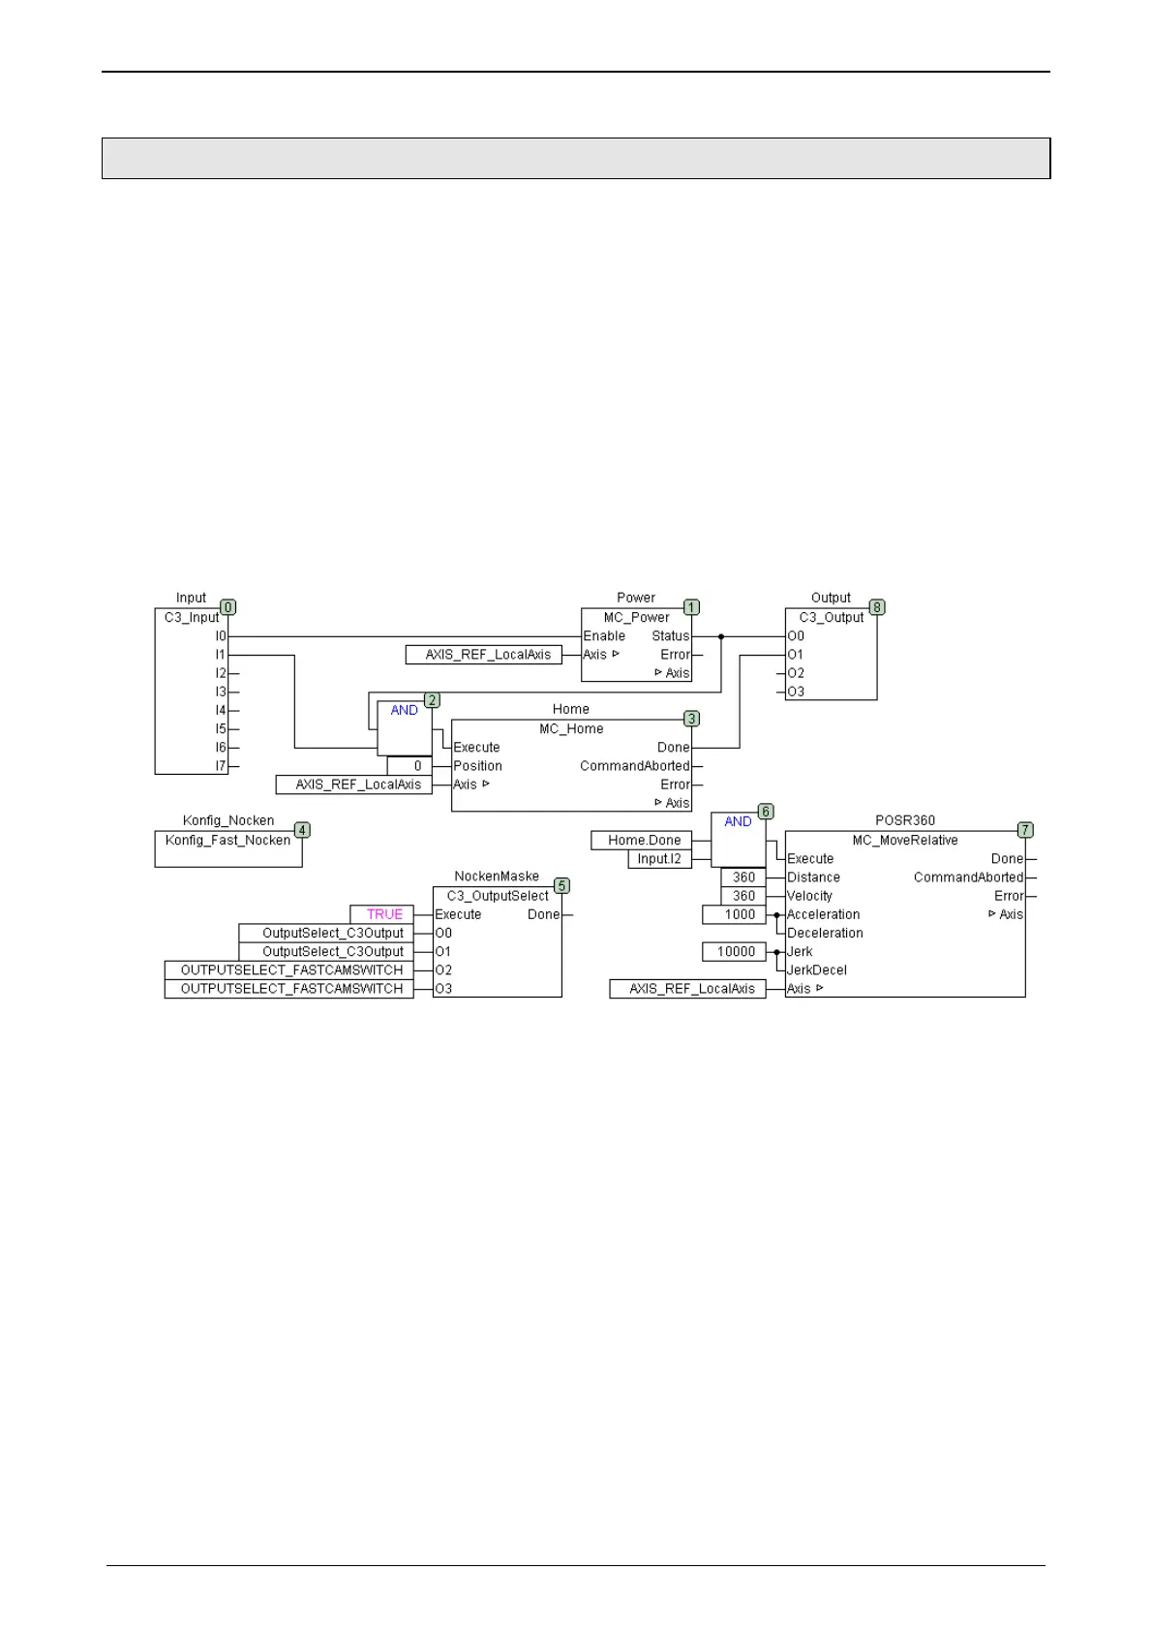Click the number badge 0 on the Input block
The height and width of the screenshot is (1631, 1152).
tap(228, 607)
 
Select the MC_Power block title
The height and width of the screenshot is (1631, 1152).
tap(636, 617)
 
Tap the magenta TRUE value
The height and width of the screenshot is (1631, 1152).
tap(384, 914)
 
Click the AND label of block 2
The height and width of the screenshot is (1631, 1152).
tap(404, 710)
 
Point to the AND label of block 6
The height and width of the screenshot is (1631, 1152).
tap(738, 821)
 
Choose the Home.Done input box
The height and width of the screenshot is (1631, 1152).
tap(644, 840)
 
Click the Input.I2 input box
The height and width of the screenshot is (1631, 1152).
tap(659, 858)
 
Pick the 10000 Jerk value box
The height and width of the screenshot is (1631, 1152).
tap(736, 952)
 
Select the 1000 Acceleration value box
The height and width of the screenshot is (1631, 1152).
tap(740, 914)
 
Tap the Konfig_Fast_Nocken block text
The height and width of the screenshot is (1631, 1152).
tap(227, 840)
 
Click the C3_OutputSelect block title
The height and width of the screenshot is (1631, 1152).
tap(498, 896)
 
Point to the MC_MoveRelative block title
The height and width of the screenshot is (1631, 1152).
tap(905, 840)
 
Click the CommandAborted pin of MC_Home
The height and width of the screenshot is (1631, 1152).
tap(634, 766)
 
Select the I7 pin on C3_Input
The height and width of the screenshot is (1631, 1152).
tap(220, 766)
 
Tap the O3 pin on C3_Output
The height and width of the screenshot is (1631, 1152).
tap(796, 692)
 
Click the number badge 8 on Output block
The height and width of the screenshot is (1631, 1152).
tap(877, 607)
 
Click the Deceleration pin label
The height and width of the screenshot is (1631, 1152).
tap(825, 933)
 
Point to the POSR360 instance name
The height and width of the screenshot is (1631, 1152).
tap(905, 820)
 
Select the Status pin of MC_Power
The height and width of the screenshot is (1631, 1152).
tap(670, 636)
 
